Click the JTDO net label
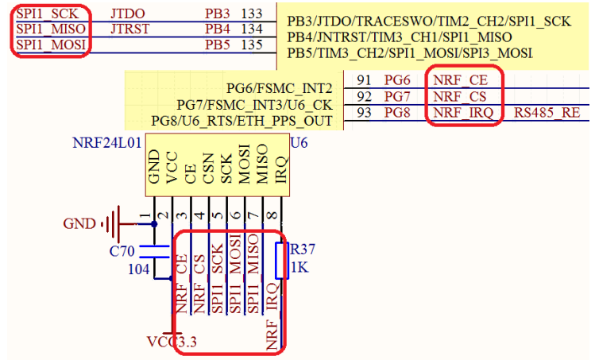127,14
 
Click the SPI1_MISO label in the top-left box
49,29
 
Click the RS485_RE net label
547,113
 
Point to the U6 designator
299,144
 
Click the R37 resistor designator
301,249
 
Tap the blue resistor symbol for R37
280,259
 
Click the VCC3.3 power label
172,342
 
